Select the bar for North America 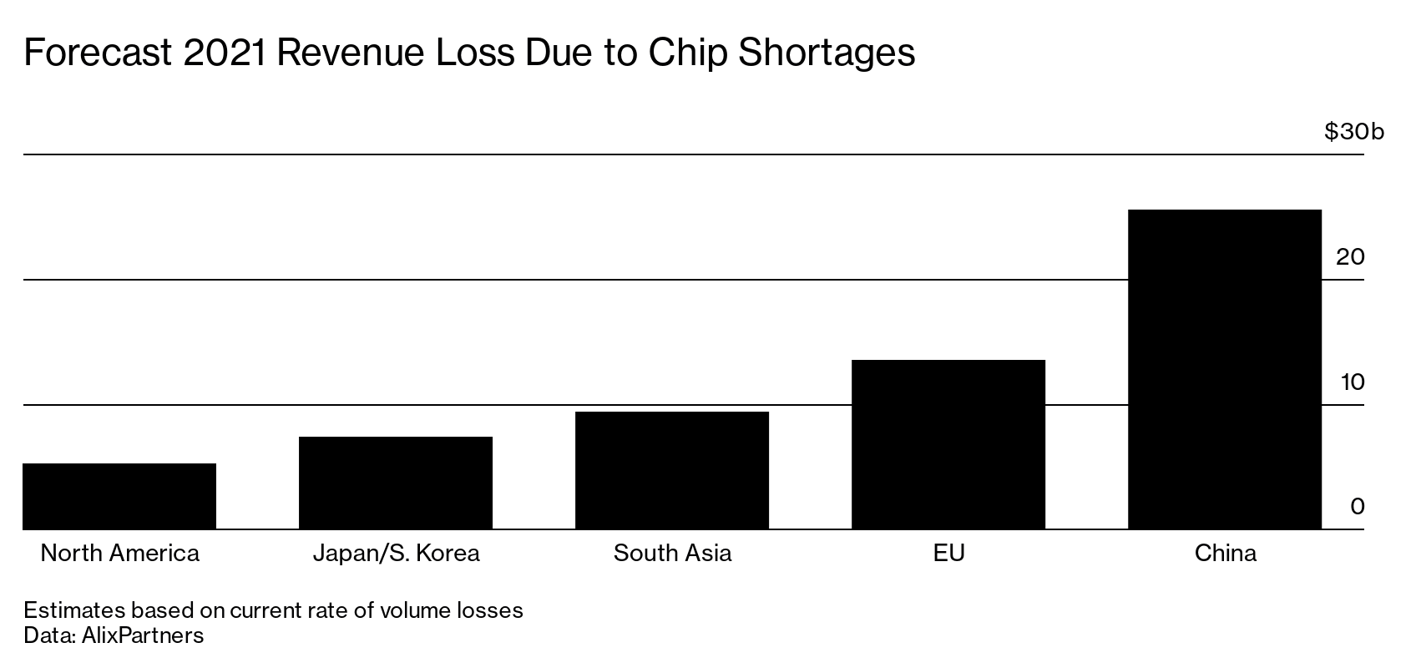point(119,496)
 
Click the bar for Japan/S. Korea point(396,483)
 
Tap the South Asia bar point(672,470)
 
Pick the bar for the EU point(948,444)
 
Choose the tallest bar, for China point(1225,369)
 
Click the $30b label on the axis point(1353,132)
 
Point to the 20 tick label point(1350,257)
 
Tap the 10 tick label point(1352,382)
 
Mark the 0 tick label point(1357,507)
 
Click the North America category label point(119,554)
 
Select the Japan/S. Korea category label point(396,554)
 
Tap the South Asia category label point(672,554)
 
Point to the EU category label point(948,554)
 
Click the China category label point(1225,554)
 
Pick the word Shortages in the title point(827,53)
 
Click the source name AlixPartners point(143,635)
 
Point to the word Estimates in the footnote point(73,610)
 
